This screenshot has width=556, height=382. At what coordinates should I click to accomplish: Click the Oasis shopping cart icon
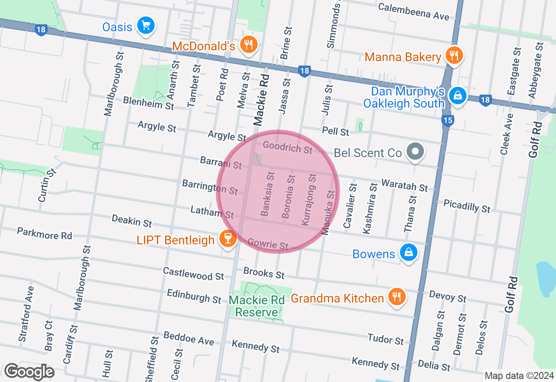pos(146,26)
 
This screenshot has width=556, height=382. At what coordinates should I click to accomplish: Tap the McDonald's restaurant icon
pos(248,44)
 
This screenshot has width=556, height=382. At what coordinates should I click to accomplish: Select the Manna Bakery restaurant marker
pos(454,55)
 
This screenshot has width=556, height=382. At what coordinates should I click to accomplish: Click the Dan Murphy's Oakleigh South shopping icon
pos(457,95)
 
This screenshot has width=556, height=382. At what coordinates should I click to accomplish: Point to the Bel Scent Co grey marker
pos(415,151)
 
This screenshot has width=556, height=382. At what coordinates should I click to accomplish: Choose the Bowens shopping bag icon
pos(408,252)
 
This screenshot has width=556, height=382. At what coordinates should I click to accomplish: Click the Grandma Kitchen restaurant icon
pos(396,296)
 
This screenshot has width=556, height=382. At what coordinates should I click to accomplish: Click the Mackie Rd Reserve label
pos(256,306)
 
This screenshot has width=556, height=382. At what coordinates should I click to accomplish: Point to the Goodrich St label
pos(288,148)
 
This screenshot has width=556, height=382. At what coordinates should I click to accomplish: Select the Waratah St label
pos(404,185)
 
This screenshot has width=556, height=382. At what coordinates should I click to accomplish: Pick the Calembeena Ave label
pos(414,12)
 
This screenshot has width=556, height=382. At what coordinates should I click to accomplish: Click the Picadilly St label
pos(467,206)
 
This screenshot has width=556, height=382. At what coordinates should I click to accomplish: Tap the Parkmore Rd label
pos(44,233)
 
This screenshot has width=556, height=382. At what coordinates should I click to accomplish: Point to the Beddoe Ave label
pos(189,338)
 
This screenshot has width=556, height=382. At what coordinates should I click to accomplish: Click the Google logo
pos(29,372)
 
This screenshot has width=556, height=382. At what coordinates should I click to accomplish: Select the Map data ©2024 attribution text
pos(519,375)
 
